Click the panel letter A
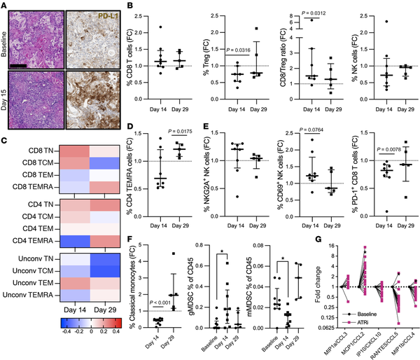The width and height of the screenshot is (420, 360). [x=6, y=6]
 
